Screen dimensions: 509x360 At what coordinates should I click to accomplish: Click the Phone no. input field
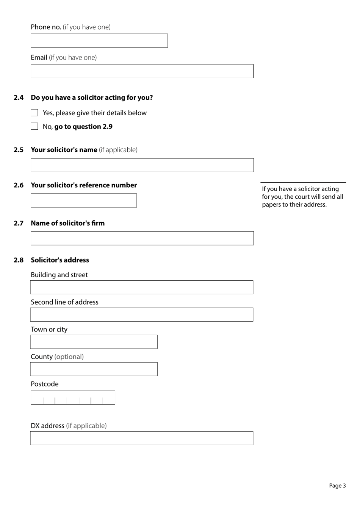99,41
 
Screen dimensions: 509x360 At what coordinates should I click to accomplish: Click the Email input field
142,71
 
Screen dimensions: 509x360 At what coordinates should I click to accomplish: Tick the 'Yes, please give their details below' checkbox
34,113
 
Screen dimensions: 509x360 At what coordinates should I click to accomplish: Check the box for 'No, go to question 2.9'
34,126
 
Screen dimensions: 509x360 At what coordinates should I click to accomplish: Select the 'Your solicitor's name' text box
142,165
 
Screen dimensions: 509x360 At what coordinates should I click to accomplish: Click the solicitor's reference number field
83,201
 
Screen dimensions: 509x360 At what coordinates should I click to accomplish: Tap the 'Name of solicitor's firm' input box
142,238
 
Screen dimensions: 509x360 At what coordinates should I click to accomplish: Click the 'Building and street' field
141,287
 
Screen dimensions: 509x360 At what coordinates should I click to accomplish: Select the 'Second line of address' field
141,315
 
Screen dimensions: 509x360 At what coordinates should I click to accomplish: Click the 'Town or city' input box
94,342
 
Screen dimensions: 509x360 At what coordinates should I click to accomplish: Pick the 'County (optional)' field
94,369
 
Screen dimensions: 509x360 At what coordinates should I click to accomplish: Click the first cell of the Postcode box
37,398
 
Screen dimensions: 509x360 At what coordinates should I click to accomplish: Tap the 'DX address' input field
141,438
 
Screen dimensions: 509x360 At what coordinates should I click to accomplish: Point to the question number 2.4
19,97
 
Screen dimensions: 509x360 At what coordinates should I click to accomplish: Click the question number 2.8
19,260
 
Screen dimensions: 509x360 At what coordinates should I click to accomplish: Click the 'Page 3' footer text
337,486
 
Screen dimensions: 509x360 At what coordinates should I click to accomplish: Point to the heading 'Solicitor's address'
60,260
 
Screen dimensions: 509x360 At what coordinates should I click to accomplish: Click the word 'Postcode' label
45,384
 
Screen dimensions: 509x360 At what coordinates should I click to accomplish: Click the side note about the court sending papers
302,196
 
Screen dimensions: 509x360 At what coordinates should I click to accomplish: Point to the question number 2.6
19,185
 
